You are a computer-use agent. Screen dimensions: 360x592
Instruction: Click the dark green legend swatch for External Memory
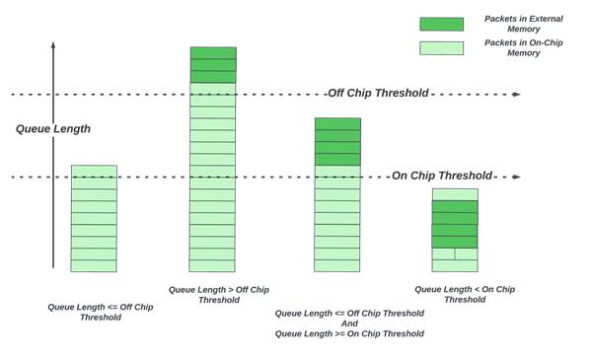(441, 24)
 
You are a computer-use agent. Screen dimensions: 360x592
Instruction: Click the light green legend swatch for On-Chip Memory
(441, 47)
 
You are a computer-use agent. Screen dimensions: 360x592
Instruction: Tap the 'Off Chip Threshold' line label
(378, 94)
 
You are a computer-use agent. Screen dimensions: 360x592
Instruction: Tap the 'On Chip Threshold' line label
(441, 177)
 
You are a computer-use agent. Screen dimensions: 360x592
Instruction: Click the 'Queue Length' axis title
(53, 129)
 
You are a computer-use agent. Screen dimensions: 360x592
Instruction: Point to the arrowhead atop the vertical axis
(53, 45)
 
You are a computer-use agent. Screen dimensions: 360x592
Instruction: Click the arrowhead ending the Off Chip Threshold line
(516, 95)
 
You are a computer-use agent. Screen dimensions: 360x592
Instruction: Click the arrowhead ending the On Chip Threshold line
(516, 178)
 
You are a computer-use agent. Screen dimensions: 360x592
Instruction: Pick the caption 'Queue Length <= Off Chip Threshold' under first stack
(100, 312)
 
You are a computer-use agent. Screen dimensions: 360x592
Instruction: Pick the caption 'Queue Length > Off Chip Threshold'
(218, 295)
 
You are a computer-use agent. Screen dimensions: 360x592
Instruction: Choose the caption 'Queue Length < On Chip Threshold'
(464, 294)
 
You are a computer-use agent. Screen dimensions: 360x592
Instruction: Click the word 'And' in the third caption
(349, 324)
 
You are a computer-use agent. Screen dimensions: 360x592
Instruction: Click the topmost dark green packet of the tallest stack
(213, 53)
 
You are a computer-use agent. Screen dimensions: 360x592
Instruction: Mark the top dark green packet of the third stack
(337, 124)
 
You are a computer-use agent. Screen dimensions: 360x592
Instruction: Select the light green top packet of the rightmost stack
(455, 194)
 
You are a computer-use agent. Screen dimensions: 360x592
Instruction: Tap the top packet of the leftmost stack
(94, 172)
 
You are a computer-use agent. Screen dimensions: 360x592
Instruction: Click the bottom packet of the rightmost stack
(455, 266)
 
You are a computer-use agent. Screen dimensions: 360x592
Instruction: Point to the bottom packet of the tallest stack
(212, 266)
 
